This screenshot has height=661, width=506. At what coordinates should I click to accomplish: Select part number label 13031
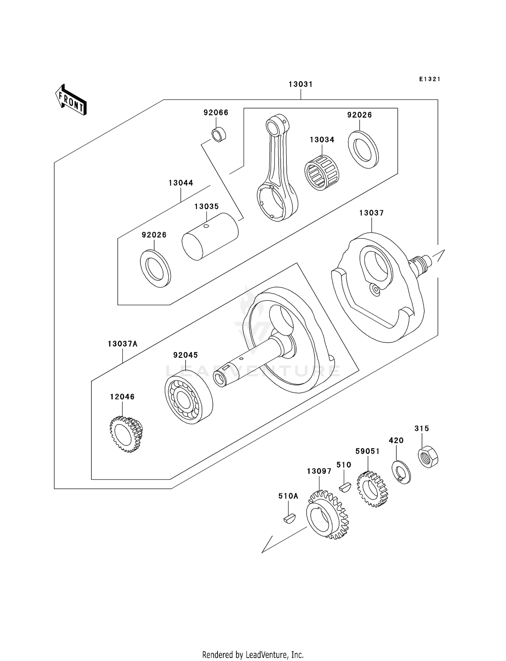(300, 84)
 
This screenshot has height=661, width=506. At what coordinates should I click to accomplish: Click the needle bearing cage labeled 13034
(322, 172)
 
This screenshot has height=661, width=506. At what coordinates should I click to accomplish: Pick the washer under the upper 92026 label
(363, 150)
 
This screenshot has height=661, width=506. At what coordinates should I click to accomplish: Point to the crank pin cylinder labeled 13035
(210, 237)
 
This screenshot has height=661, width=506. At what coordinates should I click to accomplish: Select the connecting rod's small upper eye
(272, 127)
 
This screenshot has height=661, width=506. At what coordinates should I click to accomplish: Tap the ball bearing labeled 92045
(188, 396)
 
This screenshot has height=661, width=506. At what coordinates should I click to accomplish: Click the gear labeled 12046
(126, 434)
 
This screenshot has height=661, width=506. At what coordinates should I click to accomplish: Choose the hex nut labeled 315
(428, 457)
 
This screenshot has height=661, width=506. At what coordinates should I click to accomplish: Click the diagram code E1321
(430, 79)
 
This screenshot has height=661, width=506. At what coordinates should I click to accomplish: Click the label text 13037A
(123, 344)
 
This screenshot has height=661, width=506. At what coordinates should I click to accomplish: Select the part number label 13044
(181, 183)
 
